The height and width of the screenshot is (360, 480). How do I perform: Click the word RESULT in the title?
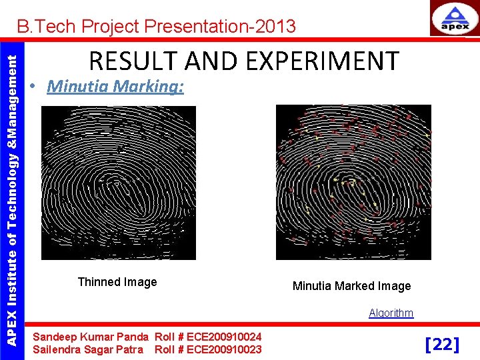point(130,61)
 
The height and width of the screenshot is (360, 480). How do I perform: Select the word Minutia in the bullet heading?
point(78,87)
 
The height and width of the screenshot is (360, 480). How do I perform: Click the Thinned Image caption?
point(117,282)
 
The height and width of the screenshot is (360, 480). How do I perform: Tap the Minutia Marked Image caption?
point(351,286)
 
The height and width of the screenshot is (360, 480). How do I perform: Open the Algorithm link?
point(391,313)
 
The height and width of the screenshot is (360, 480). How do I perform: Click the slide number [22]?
point(442,344)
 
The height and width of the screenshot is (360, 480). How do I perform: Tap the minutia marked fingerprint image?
point(353,182)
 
